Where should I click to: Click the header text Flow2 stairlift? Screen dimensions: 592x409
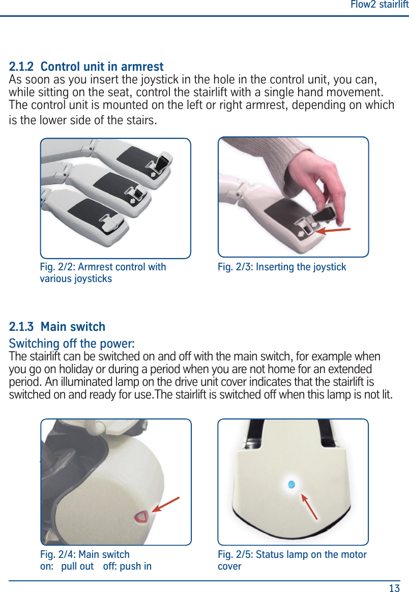(379, 5)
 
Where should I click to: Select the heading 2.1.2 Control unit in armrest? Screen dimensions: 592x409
(86, 67)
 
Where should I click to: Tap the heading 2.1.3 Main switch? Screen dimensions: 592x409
(57, 327)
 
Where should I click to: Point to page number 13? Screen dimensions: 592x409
(394, 588)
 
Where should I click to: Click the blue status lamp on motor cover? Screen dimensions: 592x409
(291, 485)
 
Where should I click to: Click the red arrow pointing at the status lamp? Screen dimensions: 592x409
(309, 506)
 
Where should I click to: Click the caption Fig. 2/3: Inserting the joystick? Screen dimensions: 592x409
(282, 267)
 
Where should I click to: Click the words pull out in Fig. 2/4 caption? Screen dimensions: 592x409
(77, 567)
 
